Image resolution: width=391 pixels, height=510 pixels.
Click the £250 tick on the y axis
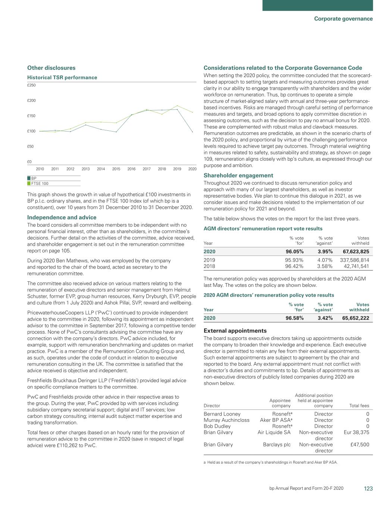(x=31, y=85)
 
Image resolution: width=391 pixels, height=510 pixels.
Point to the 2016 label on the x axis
(x=131, y=169)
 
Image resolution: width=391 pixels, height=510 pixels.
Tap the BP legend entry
(x=34, y=179)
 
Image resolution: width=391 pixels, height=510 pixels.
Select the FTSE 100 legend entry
(x=40, y=183)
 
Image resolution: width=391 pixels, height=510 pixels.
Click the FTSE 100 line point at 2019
(x=177, y=106)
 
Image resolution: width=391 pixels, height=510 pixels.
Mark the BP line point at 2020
(x=192, y=132)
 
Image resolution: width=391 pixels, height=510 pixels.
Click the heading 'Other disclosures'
(x=51, y=68)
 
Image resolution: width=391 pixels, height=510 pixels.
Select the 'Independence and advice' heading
(x=62, y=217)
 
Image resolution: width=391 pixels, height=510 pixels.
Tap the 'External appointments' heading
(x=235, y=331)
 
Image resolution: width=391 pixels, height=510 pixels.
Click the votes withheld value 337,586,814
(x=354, y=260)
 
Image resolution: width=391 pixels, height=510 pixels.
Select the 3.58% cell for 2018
(x=325, y=266)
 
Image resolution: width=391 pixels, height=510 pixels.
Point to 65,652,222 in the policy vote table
(x=355, y=318)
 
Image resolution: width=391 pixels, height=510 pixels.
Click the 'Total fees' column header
(x=359, y=406)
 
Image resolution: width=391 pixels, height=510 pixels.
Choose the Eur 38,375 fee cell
(x=356, y=432)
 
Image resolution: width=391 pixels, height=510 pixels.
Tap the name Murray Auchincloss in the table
(x=226, y=420)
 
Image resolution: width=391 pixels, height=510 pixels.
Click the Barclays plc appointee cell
(x=276, y=445)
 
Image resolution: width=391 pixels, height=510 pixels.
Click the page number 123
(x=368, y=489)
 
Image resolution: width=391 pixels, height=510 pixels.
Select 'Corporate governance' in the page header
(x=343, y=19)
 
